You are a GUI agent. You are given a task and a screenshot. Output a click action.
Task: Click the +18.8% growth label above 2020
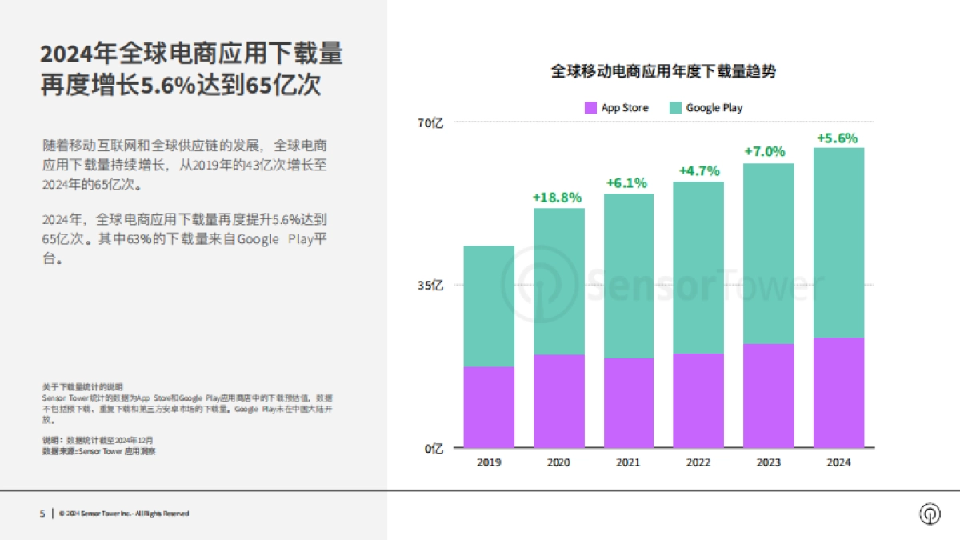558,198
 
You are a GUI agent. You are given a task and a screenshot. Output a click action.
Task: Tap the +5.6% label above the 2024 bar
837,138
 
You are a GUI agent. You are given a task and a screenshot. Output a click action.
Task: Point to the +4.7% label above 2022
698,170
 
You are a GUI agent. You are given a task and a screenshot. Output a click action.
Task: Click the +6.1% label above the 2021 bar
628,183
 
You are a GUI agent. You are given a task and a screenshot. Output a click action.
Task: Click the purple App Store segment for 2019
489,406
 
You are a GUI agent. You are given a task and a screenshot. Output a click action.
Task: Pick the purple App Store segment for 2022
698,400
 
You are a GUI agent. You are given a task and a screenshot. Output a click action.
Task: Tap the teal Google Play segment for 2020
558,281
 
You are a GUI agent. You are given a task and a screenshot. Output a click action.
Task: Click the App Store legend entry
616,108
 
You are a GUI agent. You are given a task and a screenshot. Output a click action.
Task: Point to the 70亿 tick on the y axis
430,122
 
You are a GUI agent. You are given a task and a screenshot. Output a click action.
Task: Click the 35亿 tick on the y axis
430,285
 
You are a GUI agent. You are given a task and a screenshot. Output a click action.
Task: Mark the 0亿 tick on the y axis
433,448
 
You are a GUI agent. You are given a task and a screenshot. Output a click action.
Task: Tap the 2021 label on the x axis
628,463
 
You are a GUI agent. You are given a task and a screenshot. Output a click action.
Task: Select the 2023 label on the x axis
768,463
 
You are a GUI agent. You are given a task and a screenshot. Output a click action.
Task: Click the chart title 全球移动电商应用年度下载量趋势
663,71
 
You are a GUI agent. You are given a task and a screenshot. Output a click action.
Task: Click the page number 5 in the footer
42,514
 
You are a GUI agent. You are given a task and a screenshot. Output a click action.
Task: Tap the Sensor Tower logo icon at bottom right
930,514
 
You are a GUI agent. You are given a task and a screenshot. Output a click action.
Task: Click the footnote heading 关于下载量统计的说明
82,386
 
